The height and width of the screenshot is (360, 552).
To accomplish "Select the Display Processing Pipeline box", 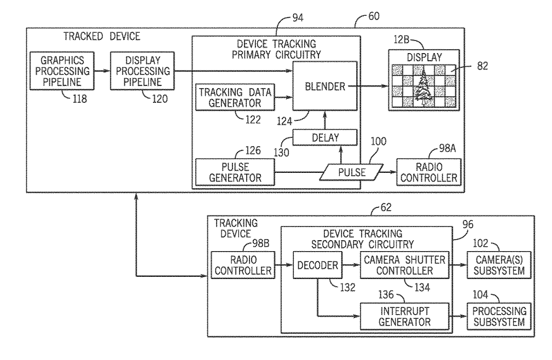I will point(142,71).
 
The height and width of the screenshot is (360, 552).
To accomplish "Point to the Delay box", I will point(325,137).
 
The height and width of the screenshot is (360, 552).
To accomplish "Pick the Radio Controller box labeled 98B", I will point(242,266).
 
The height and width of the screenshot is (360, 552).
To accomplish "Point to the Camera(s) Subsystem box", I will point(497,266).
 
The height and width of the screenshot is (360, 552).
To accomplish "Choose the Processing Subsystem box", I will point(497,316).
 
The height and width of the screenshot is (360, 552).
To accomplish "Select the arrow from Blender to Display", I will point(373,85).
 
